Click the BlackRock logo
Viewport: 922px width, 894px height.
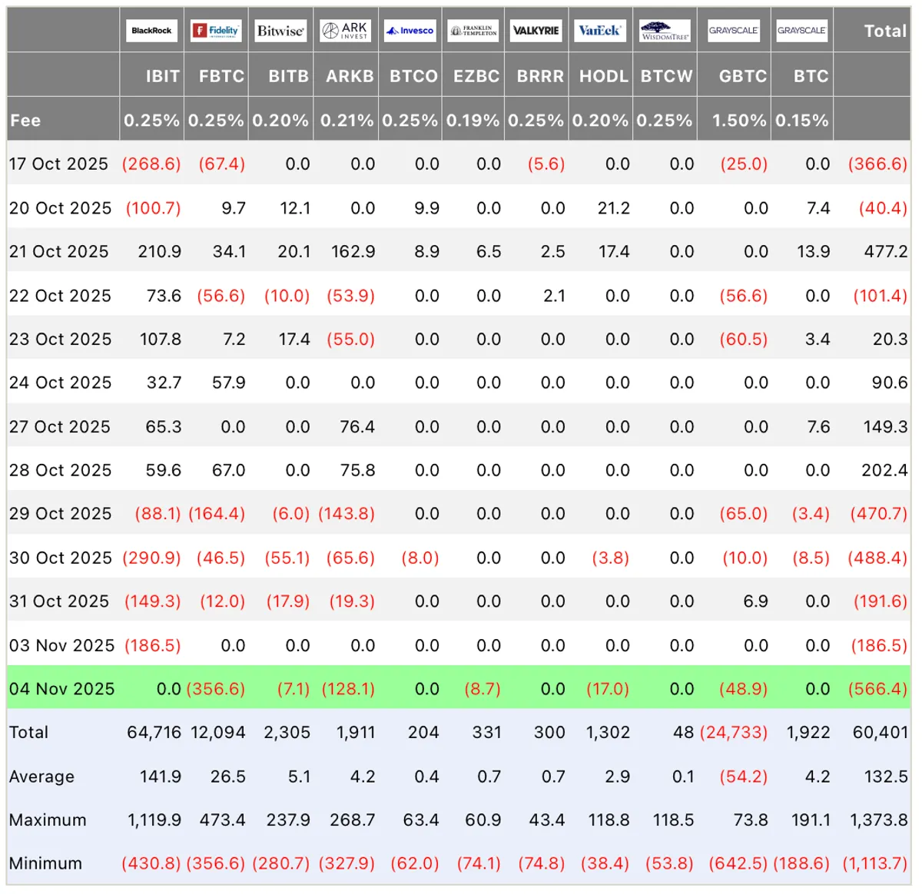[151, 31]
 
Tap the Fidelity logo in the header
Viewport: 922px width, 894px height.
[216, 31]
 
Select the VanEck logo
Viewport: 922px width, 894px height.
[600, 31]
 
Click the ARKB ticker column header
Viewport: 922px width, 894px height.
[350, 76]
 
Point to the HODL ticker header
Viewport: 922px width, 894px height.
[604, 76]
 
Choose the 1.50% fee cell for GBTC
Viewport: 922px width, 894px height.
[739, 121]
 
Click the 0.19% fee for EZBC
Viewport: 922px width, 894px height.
[473, 121]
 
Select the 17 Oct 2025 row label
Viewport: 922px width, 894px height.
[58, 164]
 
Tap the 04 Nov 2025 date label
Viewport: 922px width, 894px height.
[61, 688]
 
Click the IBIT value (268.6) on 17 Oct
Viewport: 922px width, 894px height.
[151, 164]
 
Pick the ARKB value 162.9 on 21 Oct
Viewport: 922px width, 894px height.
[353, 251]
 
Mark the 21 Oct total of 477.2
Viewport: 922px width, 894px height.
[886, 251]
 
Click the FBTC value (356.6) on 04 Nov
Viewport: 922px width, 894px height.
[216, 688]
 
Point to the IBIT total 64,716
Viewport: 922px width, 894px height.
[154, 732]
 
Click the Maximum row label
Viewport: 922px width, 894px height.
[48, 819]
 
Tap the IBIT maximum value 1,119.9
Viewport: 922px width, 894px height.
[154, 819]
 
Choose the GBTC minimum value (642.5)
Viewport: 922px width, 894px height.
[738, 863]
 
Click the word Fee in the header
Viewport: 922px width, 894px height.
[25, 121]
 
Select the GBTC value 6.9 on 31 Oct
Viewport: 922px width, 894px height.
[755, 601]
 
